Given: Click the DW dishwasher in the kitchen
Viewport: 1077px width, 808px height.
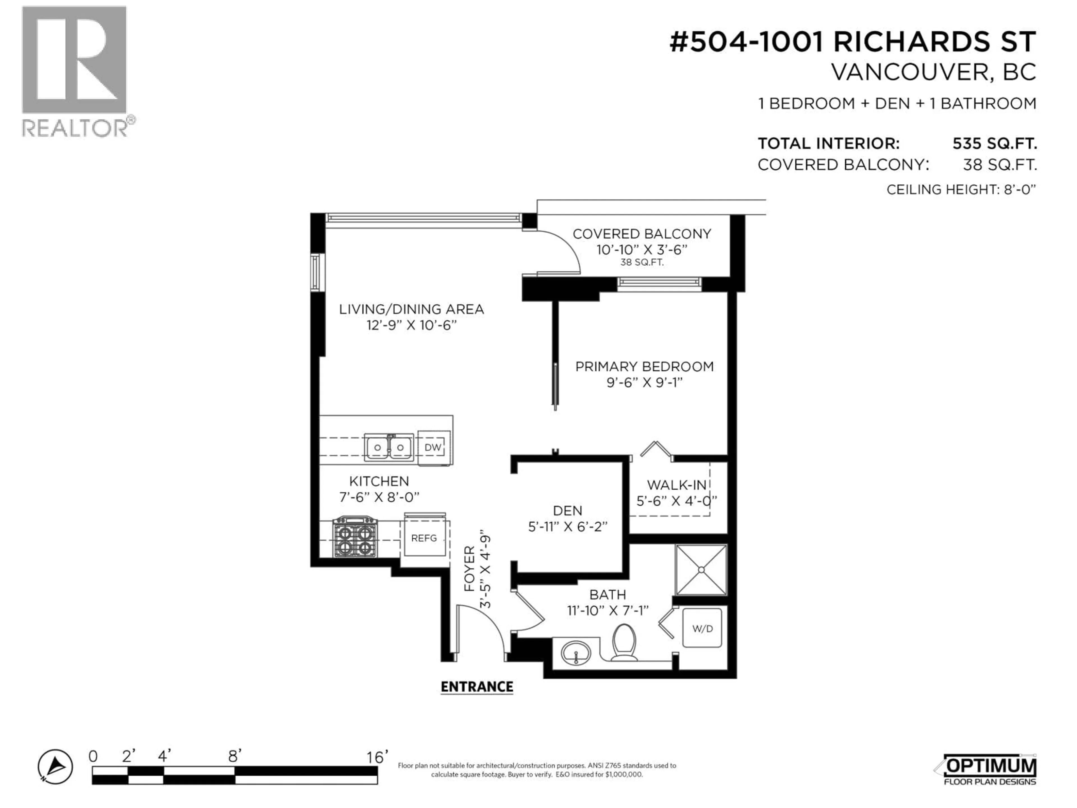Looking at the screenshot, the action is point(433,447).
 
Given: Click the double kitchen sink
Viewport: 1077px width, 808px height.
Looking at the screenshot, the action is point(388,447).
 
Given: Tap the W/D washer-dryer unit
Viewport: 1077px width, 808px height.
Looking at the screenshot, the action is point(702,628).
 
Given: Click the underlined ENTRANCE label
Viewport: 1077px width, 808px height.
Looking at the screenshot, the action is point(477,687).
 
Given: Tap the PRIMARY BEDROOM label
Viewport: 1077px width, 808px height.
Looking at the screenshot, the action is point(645,367).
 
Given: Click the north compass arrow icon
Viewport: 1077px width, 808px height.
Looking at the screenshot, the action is point(56,766).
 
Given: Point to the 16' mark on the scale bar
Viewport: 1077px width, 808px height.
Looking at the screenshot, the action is point(377,757).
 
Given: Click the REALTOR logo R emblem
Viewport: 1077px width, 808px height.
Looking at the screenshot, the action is point(74,60).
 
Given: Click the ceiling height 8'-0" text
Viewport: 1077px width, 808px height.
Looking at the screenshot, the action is point(961,189).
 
